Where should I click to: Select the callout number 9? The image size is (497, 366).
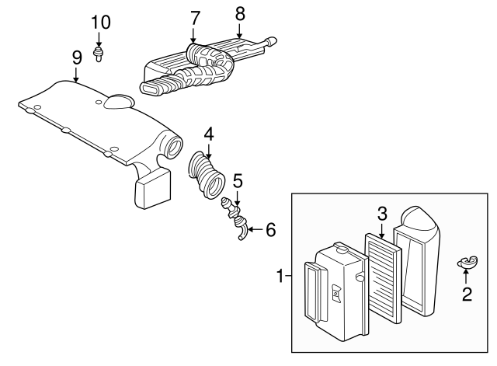pyautogui.click(x=76, y=57)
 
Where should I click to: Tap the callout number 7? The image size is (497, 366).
pyautogui.click(x=194, y=16)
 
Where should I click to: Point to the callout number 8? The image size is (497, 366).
pyautogui.click(x=239, y=12)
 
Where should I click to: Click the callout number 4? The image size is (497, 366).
pyautogui.click(x=208, y=134)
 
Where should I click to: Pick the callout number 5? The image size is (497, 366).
pyautogui.click(x=238, y=180)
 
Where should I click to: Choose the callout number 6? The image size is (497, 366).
pyautogui.click(x=270, y=230)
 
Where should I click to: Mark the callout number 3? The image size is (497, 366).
pyautogui.click(x=382, y=212)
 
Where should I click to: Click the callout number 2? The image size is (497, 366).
pyautogui.click(x=466, y=294)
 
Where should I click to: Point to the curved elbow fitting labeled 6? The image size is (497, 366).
pyautogui.click(x=242, y=232)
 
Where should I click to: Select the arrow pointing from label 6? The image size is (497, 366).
pyautogui.click(x=255, y=230)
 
